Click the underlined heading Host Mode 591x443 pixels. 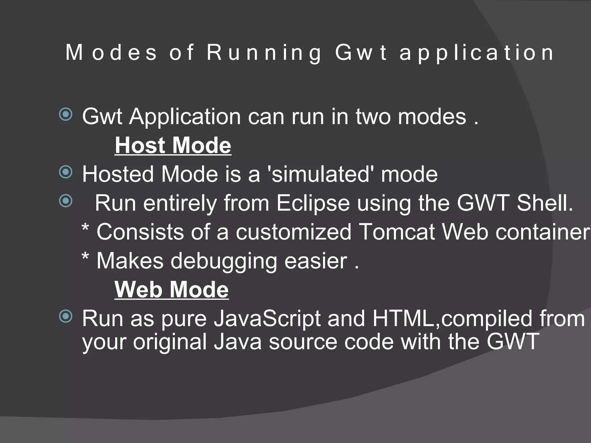click(173, 145)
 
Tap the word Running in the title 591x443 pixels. click(264, 53)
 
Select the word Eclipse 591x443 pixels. click(313, 203)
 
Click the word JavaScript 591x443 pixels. click(267, 318)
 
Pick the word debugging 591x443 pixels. click(223, 261)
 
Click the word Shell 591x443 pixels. click(545, 203)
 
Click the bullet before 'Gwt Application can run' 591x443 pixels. click(66, 115)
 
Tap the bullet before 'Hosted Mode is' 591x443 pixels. click(66, 172)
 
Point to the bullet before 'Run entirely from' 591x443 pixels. click(66, 201)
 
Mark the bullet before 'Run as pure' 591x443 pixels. click(66, 317)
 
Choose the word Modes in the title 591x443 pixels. click(111, 53)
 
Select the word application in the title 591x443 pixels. click(476, 53)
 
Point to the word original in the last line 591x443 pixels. click(170, 342)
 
